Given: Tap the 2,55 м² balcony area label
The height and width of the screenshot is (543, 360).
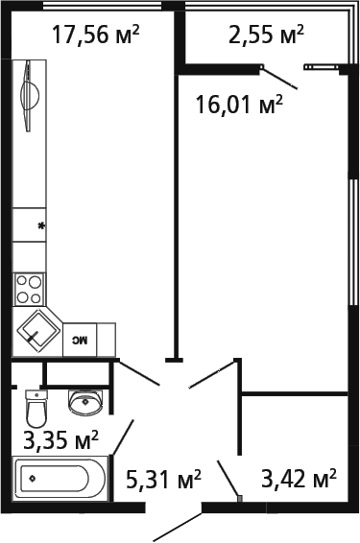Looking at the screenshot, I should pyautogui.click(x=266, y=35).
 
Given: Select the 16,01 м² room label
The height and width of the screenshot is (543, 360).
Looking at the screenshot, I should pyautogui.click(x=239, y=104).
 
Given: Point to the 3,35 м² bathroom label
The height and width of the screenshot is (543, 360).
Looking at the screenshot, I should pyautogui.click(x=60, y=441).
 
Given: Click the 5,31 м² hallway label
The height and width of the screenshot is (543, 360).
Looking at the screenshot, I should pyautogui.click(x=163, y=477).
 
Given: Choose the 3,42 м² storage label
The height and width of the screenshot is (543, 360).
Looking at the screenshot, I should pyautogui.click(x=299, y=477).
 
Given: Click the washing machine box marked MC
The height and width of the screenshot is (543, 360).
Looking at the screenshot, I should pyautogui.click(x=81, y=340).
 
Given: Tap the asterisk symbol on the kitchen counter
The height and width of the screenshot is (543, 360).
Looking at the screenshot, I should pyautogui.click(x=40, y=226).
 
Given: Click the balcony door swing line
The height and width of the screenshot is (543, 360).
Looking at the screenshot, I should pyautogui.click(x=280, y=79).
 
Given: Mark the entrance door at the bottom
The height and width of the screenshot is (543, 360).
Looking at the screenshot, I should pyautogui.click(x=179, y=523).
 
